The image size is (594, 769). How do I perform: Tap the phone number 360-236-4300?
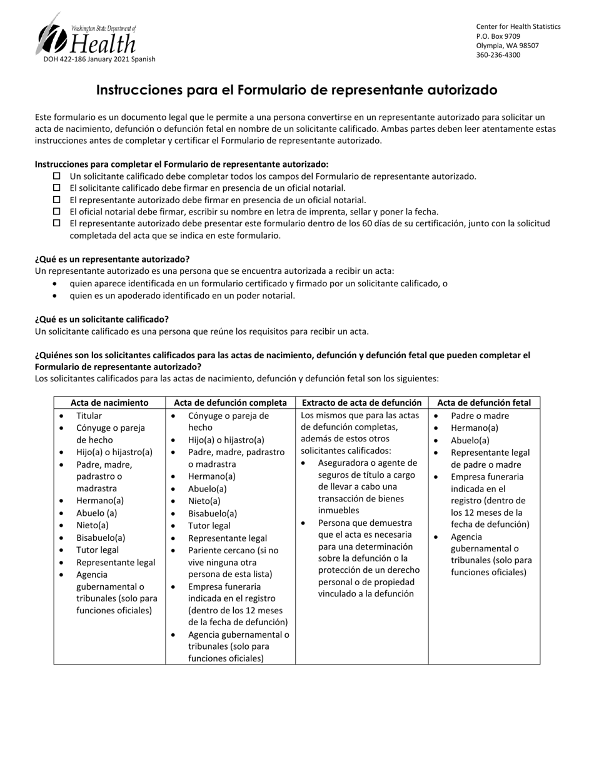click(x=498, y=55)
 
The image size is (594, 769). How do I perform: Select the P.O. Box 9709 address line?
click(x=498, y=36)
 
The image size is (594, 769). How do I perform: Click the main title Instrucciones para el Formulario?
click(x=296, y=90)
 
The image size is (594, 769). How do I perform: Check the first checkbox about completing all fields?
click(x=57, y=176)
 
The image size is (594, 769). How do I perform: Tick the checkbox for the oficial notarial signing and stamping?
click(x=57, y=211)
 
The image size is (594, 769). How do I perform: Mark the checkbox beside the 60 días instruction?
click(x=57, y=223)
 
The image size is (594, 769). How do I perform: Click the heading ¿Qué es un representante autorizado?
click(x=112, y=259)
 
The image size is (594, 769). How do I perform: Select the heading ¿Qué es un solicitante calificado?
click(x=101, y=319)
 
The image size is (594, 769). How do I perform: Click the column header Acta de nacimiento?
click(x=109, y=403)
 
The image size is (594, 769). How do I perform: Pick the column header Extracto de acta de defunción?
click(x=361, y=403)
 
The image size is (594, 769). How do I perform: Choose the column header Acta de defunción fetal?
click(x=484, y=403)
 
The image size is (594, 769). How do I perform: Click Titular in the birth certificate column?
click(x=89, y=416)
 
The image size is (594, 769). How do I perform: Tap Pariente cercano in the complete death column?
click(x=233, y=550)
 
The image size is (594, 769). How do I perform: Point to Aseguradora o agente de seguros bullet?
click(x=367, y=463)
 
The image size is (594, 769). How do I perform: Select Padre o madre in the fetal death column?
click(x=480, y=416)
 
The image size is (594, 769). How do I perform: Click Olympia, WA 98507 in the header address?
click(x=507, y=46)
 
